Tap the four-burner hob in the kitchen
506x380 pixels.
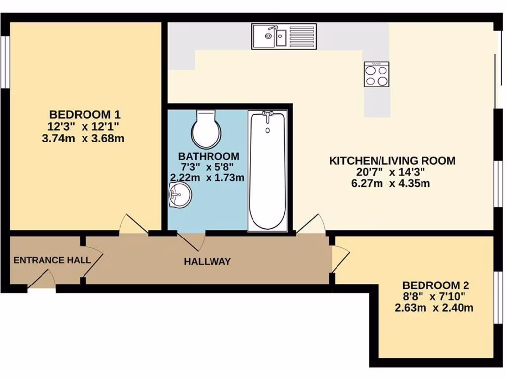[377, 75]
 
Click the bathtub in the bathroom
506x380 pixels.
[267, 171]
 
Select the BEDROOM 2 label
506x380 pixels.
[435, 285]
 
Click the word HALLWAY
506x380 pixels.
[207, 261]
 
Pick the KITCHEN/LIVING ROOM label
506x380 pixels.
[392, 161]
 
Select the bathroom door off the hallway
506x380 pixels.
[193, 241]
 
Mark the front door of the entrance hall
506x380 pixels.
[42, 280]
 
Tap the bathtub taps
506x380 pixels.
[267, 115]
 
